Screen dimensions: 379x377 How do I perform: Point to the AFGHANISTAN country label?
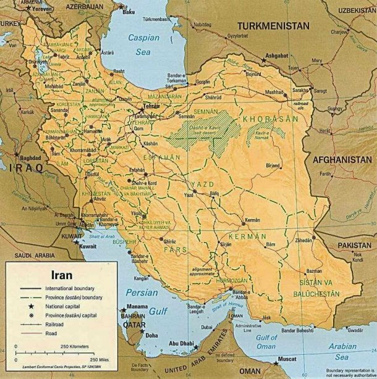[x=342, y=159]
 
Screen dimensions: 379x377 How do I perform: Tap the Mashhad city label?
[x=256, y=92]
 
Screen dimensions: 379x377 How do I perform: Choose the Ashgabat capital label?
[x=276, y=55]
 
